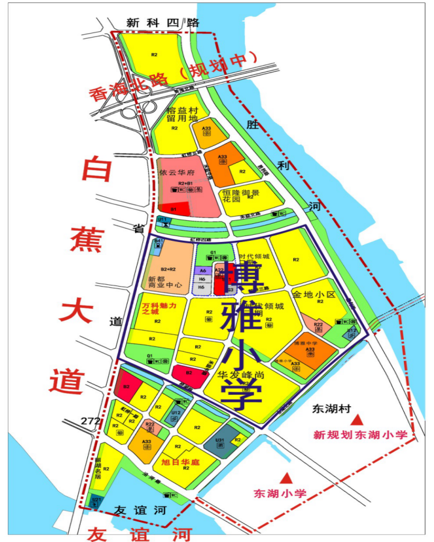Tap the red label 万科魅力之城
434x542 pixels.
pyautogui.click(x=159, y=309)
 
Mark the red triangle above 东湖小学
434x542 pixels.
pyautogui.click(x=287, y=477)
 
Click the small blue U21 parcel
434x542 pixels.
pyautogui.click(x=96, y=501)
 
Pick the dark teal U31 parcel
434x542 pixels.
pyautogui.click(x=220, y=447)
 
